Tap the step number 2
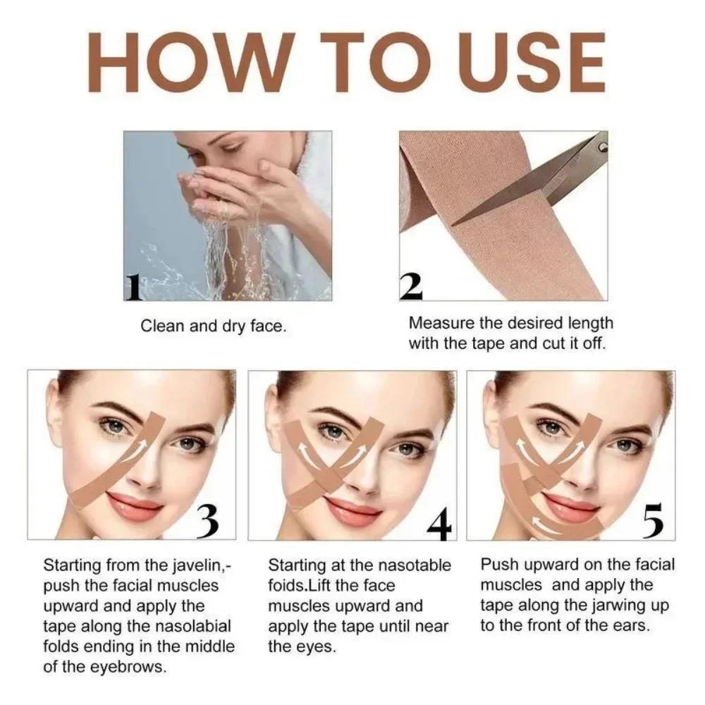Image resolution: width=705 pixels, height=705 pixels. click(x=411, y=286)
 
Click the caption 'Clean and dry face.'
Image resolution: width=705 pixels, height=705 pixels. click(x=214, y=326)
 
